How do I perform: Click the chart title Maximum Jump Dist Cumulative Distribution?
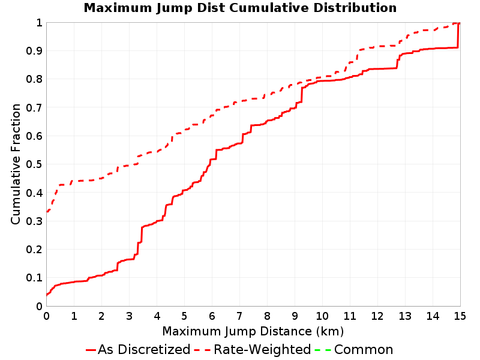240,8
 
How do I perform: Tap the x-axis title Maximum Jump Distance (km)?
253,332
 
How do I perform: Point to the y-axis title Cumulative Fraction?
16,164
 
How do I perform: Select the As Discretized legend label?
144,350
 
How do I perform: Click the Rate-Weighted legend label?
262,350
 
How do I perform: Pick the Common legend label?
364,350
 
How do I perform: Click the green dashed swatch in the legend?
323,350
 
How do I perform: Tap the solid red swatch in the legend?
91,350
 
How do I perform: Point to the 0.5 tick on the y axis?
34,164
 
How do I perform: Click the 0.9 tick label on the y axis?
34,51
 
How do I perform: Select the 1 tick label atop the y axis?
39,22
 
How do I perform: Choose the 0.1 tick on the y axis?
34,278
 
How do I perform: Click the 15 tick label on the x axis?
460,316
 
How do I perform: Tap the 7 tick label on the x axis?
239,316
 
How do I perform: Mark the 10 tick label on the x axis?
322,316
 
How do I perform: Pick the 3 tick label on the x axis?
129,316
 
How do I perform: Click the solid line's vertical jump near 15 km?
458,35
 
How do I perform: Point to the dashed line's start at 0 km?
47,212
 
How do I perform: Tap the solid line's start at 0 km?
47,295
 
